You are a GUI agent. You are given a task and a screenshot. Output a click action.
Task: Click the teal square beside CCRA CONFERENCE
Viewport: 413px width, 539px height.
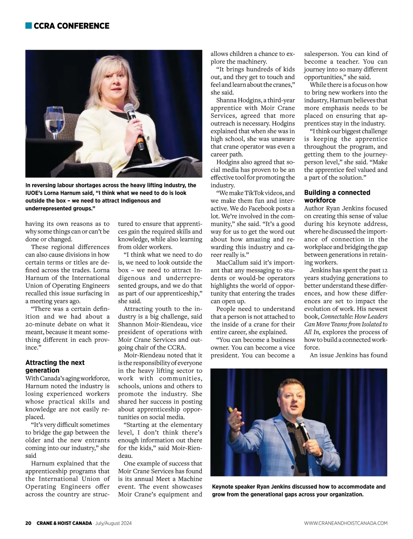(x=29, y=26)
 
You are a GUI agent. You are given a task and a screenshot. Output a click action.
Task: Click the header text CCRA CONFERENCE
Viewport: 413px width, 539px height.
(x=72, y=26)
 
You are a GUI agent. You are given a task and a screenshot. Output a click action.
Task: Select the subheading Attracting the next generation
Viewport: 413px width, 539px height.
(x=55, y=366)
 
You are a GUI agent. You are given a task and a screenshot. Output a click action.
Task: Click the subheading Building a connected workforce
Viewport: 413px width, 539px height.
(x=337, y=196)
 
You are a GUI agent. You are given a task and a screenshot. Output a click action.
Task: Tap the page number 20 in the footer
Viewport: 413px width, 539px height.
(x=28, y=523)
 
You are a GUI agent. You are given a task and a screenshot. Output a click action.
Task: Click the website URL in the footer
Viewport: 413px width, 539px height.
(x=346, y=523)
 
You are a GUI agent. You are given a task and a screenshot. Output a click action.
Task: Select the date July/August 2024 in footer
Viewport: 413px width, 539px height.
(x=113, y=523)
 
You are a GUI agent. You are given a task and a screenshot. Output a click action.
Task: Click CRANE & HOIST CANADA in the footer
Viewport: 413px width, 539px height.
(x=64, y=523)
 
